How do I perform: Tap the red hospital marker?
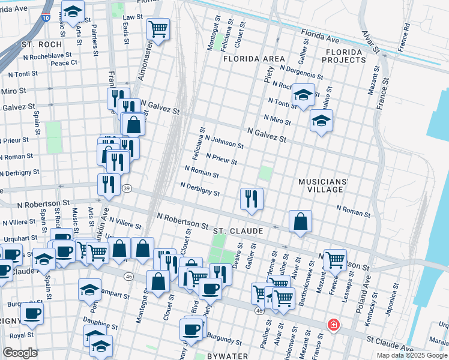333,325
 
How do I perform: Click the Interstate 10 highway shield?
46,17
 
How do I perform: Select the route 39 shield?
127,188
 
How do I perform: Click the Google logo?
20,353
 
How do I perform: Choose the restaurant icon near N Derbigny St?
252,197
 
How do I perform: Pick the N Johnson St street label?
224,142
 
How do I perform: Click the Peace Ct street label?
64,62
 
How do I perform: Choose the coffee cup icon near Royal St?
32,313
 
